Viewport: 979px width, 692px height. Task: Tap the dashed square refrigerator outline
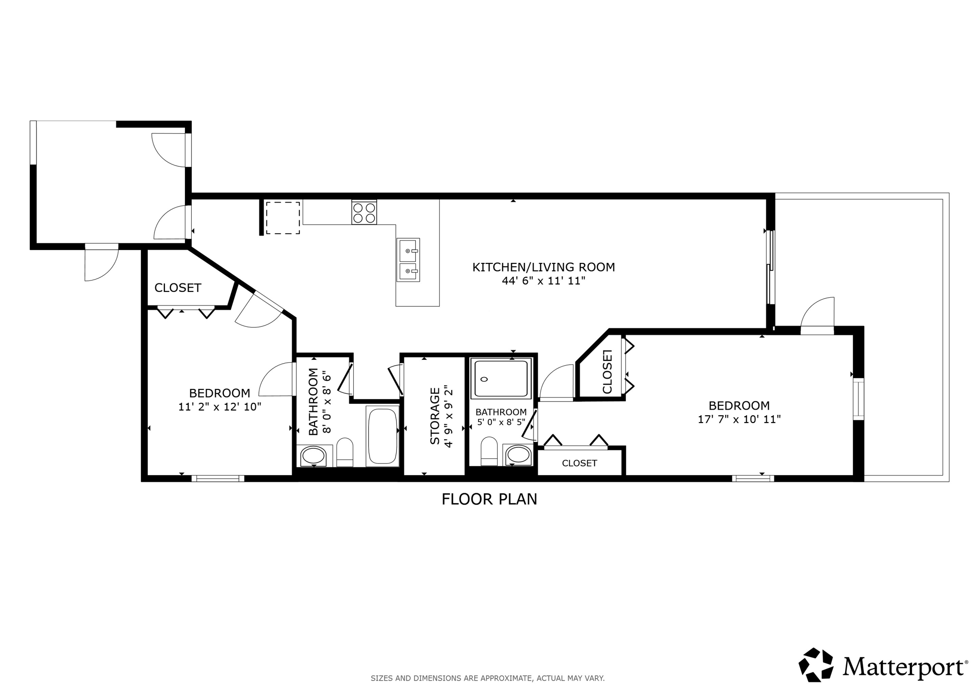pyautogui.click(x=283, y=218)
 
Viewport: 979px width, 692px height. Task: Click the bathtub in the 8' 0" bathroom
pyautogui.click(x=382, y=436)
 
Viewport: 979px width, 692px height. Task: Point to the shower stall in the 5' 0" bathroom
pyautogui.click(x=500, y=378)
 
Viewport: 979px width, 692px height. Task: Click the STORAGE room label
pyautogui.click(x=435, y=416)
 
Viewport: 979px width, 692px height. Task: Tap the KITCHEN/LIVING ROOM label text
pyautogui.click(x=544, y=267)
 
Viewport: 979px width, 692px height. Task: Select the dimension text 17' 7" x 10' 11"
pyautogui.click(x=739, y=419)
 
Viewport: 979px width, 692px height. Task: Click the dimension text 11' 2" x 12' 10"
pyautogui.click(x=219, y=407)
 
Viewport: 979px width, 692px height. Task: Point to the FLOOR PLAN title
pyautogui.click(x=489, y=499)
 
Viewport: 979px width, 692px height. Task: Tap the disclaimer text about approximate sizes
pyautogui.click(x=488, y=678)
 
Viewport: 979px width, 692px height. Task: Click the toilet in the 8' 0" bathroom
pyautogui.click(x=345, y=452)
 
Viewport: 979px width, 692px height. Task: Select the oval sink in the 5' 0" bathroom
pyautogui.click(x=518, y=454)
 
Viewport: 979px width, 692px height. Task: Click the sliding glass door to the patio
pyautogui.click(x=770, y=268)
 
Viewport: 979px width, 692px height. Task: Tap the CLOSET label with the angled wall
pyautogui.click(x=178, y=288)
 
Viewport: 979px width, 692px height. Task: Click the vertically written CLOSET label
pyautogui.click(x=607, y=372)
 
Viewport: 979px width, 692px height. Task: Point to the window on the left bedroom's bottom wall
pyautogui.click(x=218, y=478)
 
